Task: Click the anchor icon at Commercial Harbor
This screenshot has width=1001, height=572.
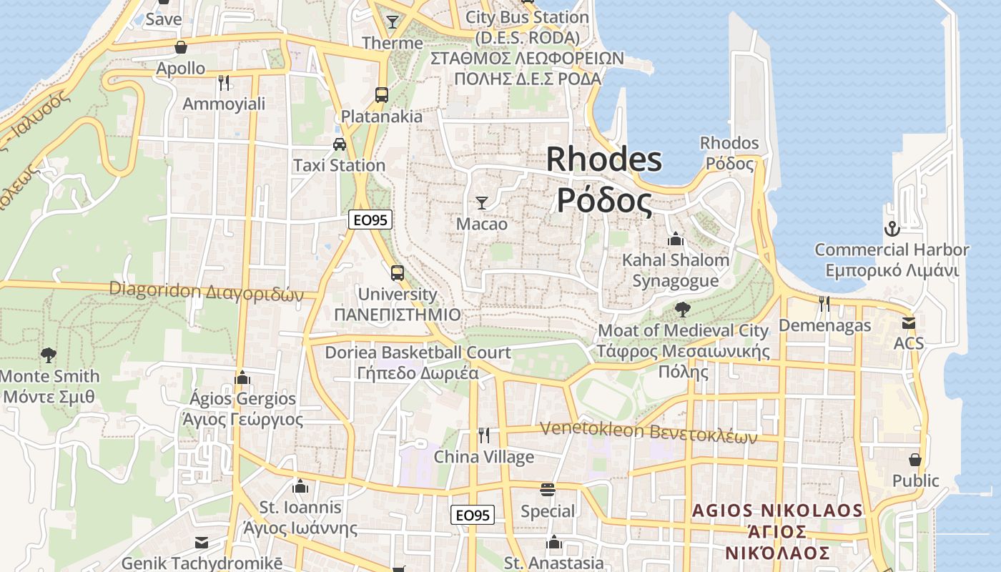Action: click(892, 229)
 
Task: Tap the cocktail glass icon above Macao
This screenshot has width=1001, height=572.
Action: click(482, 203)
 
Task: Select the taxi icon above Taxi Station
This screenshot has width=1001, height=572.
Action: click(340, 144)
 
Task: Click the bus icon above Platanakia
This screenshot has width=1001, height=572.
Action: click(382, 94)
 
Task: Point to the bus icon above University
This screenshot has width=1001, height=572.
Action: click(397, 272)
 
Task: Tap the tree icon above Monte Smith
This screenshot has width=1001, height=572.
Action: click(49, 355)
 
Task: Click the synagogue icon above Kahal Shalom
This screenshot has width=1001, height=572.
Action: click(675, 238)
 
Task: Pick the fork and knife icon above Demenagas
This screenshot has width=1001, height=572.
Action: click(824, 304)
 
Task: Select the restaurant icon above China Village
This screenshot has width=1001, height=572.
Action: click(484, 435)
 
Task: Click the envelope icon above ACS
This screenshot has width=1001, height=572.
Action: click(908, 322)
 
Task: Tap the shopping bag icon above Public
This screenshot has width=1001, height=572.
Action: click(915, 459)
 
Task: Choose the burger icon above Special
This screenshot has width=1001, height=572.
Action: click(548, 490)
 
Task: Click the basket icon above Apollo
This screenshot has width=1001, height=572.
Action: click(181, 47)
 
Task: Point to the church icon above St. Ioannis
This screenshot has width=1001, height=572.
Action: click(300, 486)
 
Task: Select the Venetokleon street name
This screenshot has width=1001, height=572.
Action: click(648, 431)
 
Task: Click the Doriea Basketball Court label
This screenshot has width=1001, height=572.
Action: click(418, 352)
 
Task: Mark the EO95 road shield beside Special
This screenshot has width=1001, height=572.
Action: click(473, 515)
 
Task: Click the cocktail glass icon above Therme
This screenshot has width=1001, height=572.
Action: click(392, 22)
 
